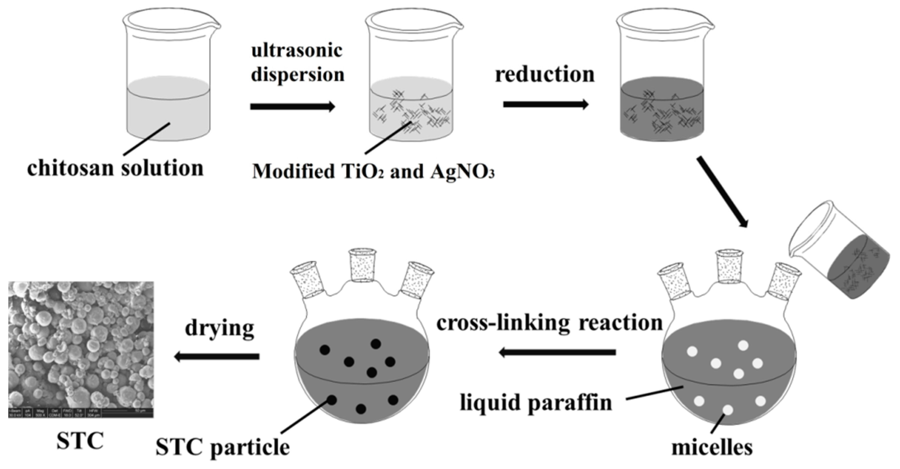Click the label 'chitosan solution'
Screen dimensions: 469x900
pyautogui.click(x=115, y=168)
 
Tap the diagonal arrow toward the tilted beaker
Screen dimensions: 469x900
pyautogui.click(x=723, y=192)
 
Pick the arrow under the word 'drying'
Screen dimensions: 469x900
pyautogui.click(x=217, y=357)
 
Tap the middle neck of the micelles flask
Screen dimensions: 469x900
pyautogui.click(x=729, y=266)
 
